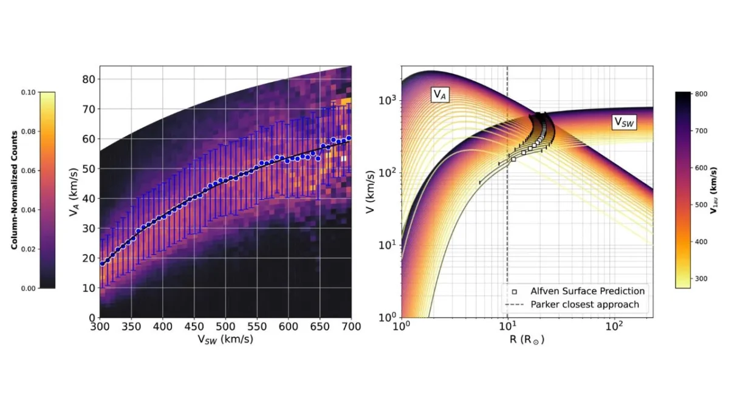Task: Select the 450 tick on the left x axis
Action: pos(194,327)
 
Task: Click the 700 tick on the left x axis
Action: pos(352,327)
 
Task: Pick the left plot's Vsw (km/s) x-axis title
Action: pos(225,340)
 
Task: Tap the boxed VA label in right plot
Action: pos(440,94)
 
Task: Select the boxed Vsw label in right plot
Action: pos(624,121)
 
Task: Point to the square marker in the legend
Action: pos(515,292)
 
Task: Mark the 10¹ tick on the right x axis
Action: pos(507,327)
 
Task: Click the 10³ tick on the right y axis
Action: pos(389,100)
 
